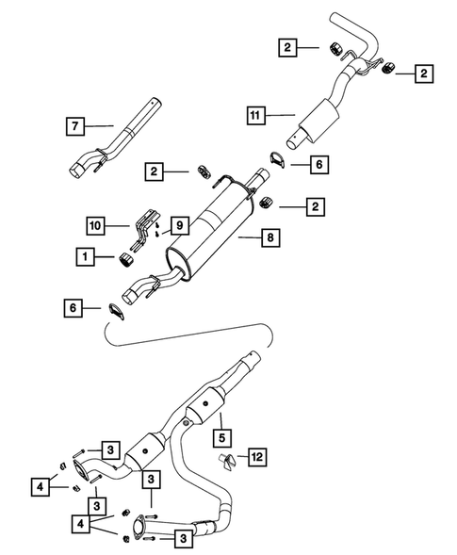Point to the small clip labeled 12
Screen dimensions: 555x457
226,459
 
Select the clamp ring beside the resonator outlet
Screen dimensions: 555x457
274,161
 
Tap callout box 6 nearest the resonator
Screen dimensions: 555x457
319,164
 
